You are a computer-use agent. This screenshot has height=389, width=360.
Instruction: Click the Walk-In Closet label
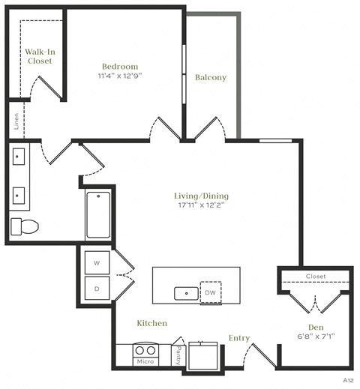38,56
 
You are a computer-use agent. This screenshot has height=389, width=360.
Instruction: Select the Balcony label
211,77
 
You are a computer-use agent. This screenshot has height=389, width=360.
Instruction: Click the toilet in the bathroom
25,226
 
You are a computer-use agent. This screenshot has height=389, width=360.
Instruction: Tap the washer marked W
97,263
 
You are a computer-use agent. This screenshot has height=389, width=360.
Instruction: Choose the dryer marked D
97,286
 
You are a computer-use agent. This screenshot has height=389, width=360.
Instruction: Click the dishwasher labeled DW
211,292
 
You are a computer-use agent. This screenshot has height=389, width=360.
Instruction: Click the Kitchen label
151,323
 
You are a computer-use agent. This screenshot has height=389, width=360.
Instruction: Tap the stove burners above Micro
145,349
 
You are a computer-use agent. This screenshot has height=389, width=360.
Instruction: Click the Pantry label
177,356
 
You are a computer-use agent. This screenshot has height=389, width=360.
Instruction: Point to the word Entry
238,338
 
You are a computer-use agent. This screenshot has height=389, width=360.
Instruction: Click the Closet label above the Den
316,277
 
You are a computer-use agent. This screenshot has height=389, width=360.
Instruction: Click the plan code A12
348,381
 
